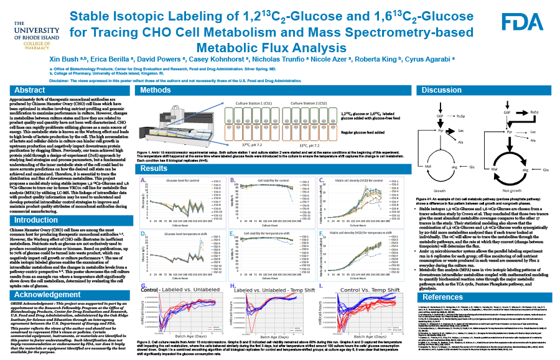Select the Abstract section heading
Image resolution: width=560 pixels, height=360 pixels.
(30, 91)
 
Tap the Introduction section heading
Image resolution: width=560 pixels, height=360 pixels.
(36, 203)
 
